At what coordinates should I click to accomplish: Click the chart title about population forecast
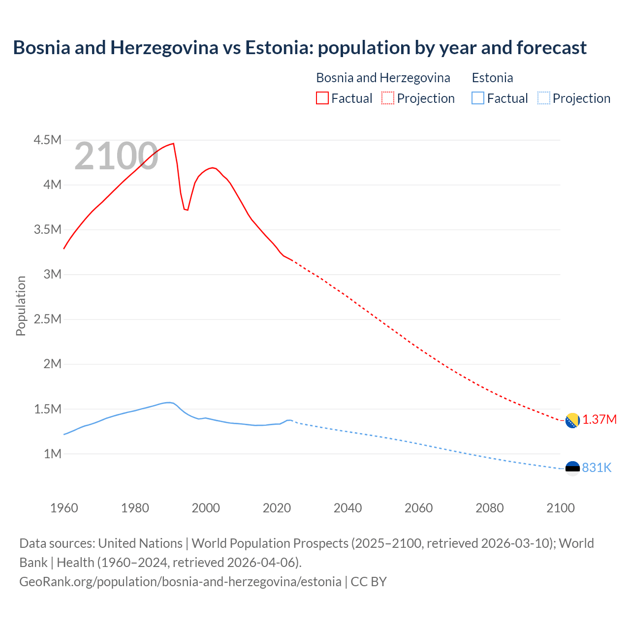(x=300, y=48)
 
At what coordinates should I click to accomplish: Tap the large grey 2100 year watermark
(x=116, y=157)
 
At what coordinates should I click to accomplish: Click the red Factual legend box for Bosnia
(x=322, y=98)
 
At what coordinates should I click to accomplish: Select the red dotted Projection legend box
(x=388, y=98)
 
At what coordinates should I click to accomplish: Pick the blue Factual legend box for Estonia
(x=478, y=98)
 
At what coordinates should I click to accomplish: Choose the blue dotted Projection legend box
(x=543, y=98)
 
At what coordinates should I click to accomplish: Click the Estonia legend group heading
(x=492, y=78)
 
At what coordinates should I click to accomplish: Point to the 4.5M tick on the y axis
(x=47, y=140)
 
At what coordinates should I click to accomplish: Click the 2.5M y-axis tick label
(x=47, y=319)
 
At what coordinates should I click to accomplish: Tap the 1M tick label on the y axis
(x=52, y=454)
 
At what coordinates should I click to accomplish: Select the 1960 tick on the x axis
(x=64, y=508)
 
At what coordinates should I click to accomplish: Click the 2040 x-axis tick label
(x=347, y=508)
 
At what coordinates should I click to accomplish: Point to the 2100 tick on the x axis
(x=560, y=508)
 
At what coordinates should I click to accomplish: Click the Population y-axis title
(x=21, y=306)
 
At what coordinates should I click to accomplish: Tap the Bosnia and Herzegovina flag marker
(x=572, y=420)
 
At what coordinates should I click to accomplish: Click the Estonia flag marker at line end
(x=572, y=468)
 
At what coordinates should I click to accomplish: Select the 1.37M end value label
(x=599, y=420)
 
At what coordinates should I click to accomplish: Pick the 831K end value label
(x=597, y=468)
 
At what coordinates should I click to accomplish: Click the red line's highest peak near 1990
(x=173, y=144)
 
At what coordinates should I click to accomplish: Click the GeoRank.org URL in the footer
(x=180, y=581)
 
